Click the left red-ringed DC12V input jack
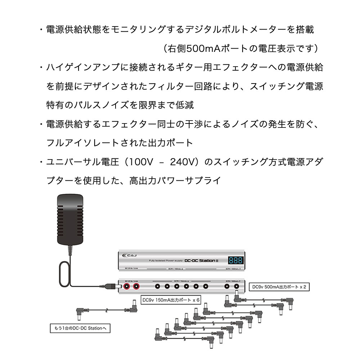pyautogui.click(x=127, y=287)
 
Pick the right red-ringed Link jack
pyautogui.click(x=136, y=287)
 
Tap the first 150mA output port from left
pyautogui.click(x=157, y=287)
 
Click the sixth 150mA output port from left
pyautogui.click(x=206, y=287)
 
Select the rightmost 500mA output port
pyautogui.click(x=237, y=287)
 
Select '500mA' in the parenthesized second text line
pyautogui.click(x=197, y=48)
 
